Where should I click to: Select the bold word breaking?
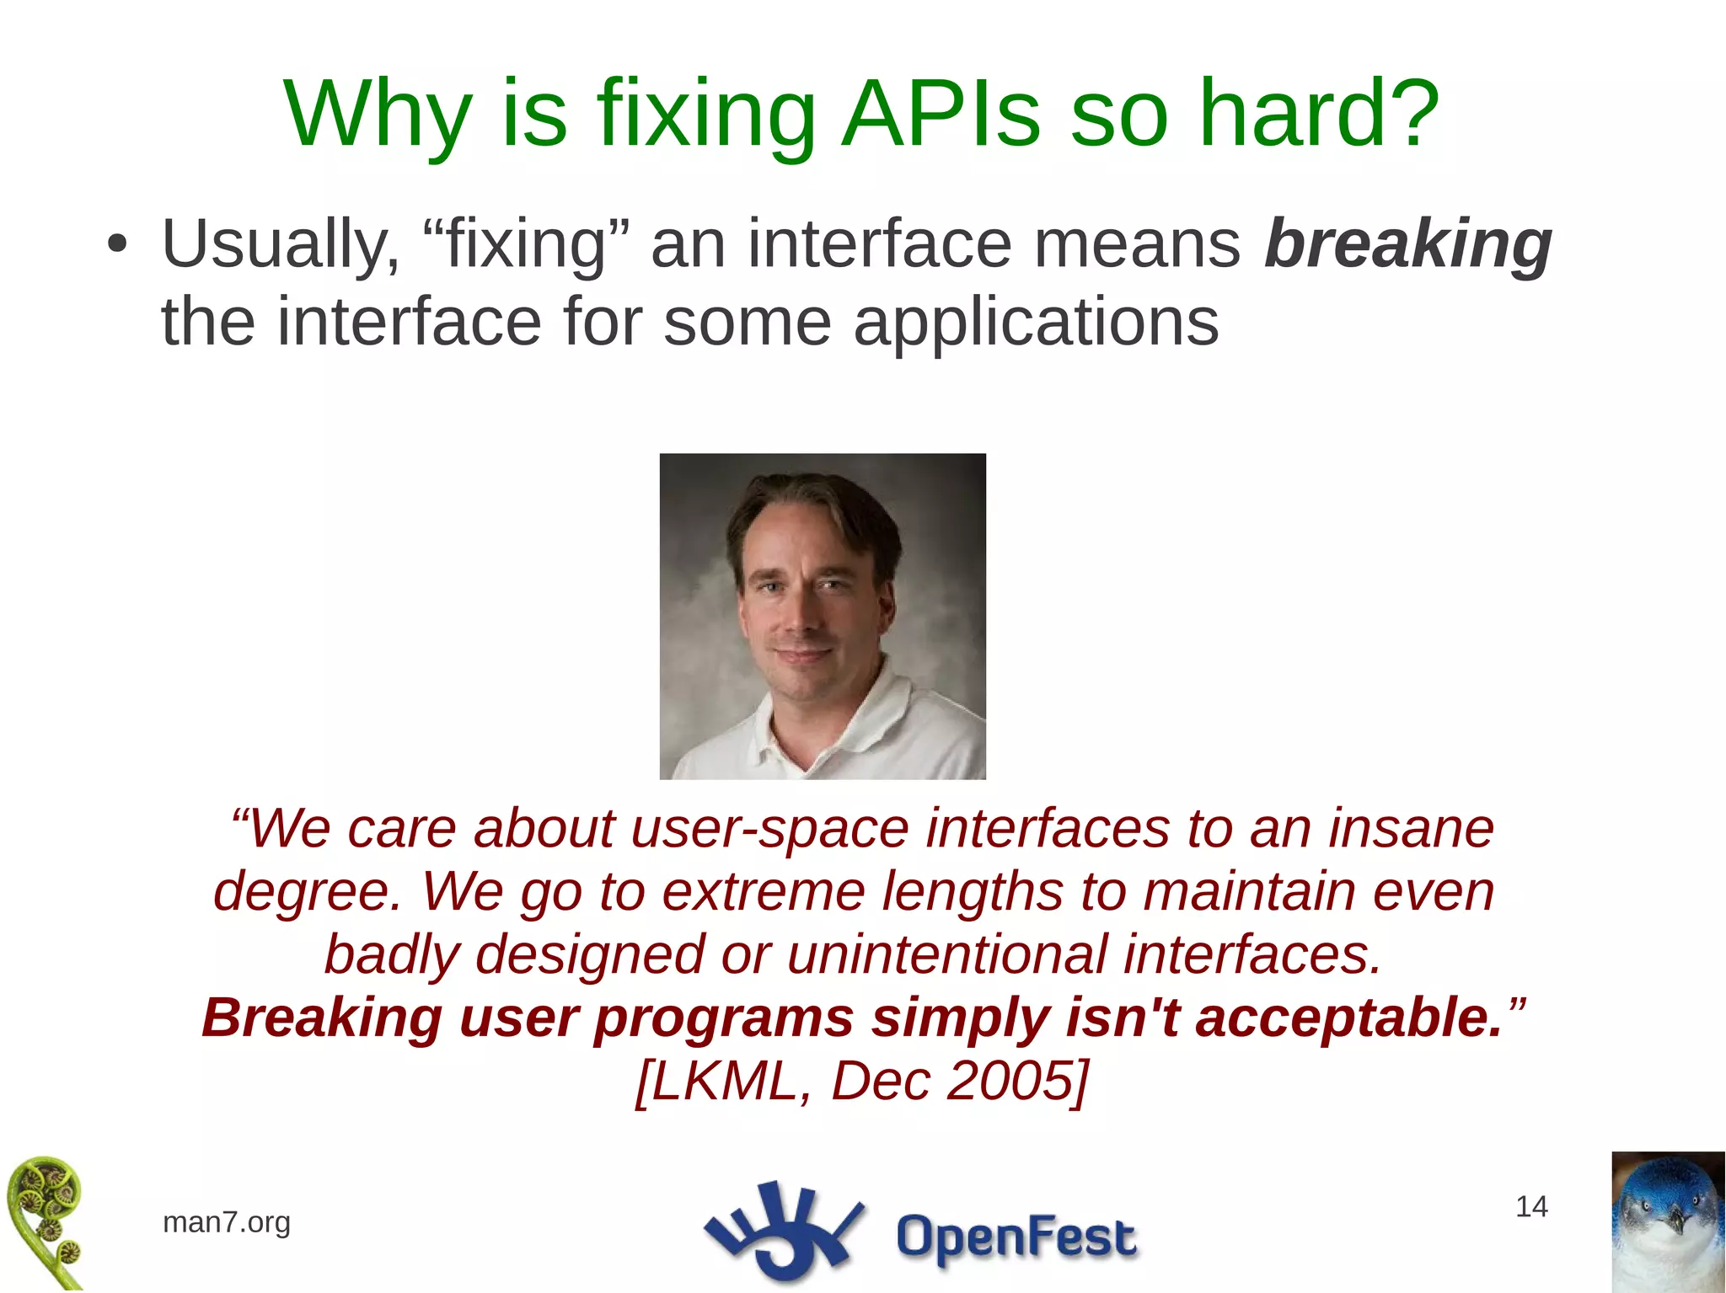click(x=1407, y=245)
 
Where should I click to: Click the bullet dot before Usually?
click(x=117, y=245)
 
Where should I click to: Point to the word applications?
click(x=1036, y=323)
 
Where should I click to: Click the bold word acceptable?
click(x=1348, y=1018)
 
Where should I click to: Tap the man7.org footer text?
click(x=226, y=1221)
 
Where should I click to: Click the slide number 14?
click(x=1531, y=1207)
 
